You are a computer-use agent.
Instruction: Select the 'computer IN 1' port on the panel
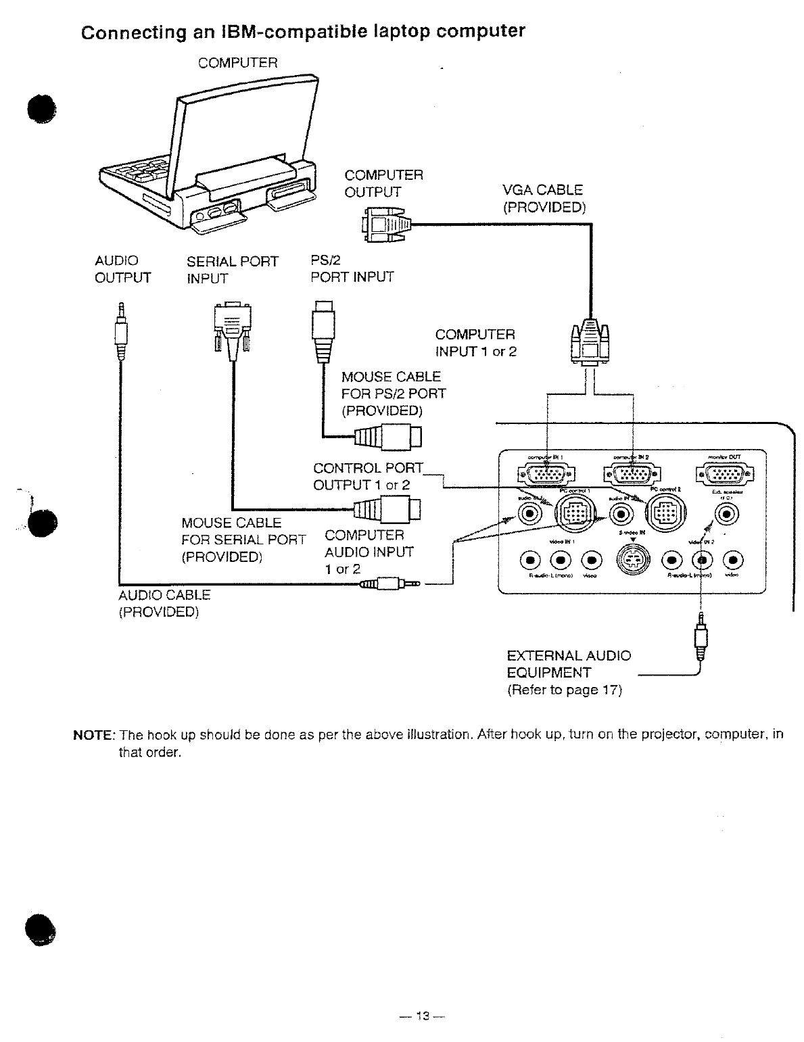540,475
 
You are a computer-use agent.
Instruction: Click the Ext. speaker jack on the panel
726,515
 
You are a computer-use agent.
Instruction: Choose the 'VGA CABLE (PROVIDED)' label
543,199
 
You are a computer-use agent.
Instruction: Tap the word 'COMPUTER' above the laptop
237,63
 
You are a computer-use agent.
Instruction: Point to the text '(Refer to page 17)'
564,690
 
